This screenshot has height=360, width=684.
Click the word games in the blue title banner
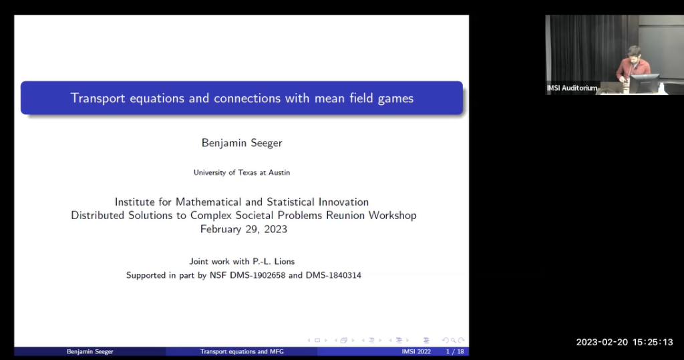395,99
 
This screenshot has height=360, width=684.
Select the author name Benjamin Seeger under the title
241,142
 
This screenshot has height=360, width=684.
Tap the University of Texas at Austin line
241,172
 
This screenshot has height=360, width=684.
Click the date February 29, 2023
243,229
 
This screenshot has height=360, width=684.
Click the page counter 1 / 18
455,351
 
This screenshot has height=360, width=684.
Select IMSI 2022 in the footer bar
416,351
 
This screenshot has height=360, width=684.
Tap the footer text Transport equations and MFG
242,351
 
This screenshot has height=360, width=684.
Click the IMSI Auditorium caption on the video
572,88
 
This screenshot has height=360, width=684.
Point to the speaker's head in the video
634,53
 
